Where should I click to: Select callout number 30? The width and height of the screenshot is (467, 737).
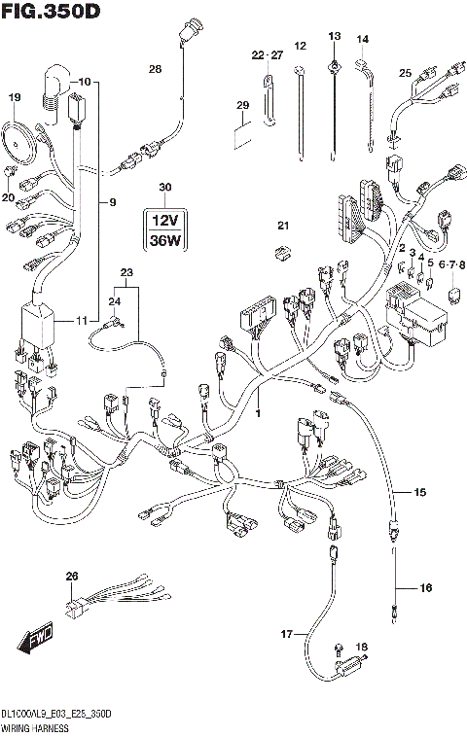164,187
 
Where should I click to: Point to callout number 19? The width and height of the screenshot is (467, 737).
14,97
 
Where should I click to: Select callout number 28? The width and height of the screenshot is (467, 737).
155,68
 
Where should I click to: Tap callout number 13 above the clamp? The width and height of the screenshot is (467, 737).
334,36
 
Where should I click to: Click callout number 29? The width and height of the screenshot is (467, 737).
243,105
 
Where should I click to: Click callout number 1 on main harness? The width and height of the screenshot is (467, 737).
258,414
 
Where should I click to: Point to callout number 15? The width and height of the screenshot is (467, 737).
420,494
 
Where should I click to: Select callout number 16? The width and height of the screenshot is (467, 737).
425,588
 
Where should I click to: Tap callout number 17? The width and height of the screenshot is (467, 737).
287,634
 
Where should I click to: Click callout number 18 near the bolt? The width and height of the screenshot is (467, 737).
364,647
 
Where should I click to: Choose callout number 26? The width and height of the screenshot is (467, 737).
70,577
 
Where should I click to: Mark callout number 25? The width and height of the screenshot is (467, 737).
406,72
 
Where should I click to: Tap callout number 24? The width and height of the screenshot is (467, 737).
116,302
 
